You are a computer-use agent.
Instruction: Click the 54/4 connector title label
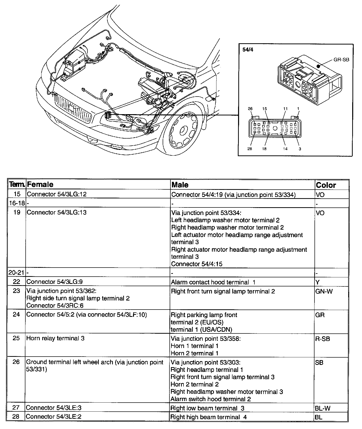pyautogui.click(x=248, y=50)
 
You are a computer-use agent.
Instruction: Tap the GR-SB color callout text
pyautogui.click(x=341, y=60)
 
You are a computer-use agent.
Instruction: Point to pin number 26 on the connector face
pyautogui.click(x=250, y=109)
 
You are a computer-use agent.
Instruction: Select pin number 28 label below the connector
pyautogui.click(x=249, y=149)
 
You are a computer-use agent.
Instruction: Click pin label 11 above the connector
pyautogui.click(x=285, y=109)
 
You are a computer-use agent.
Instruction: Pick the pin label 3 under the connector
pyautogui.click(x=300, y=149)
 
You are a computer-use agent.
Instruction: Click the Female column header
pyautogui.click(x=40, y=185)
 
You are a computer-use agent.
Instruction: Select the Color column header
pyautogui.click(x=326, y=185)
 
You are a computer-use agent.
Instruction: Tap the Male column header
pyautogui.click(x=180, y=185)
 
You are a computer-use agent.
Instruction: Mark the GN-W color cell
pyautogui.click(x=323, y=292)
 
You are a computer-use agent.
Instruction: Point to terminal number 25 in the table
pyautogui.click(x=16, y=338)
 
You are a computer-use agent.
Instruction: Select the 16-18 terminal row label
pyautogui.click(x=17, y=203)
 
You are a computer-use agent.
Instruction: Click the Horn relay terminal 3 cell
pyautogui.click(x=55, y=338)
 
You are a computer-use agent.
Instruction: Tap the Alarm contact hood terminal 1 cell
pyautogui.click(x=213, y=282)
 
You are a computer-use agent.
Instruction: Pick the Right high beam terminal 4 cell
pyautogui.click(x=208, y=417)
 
